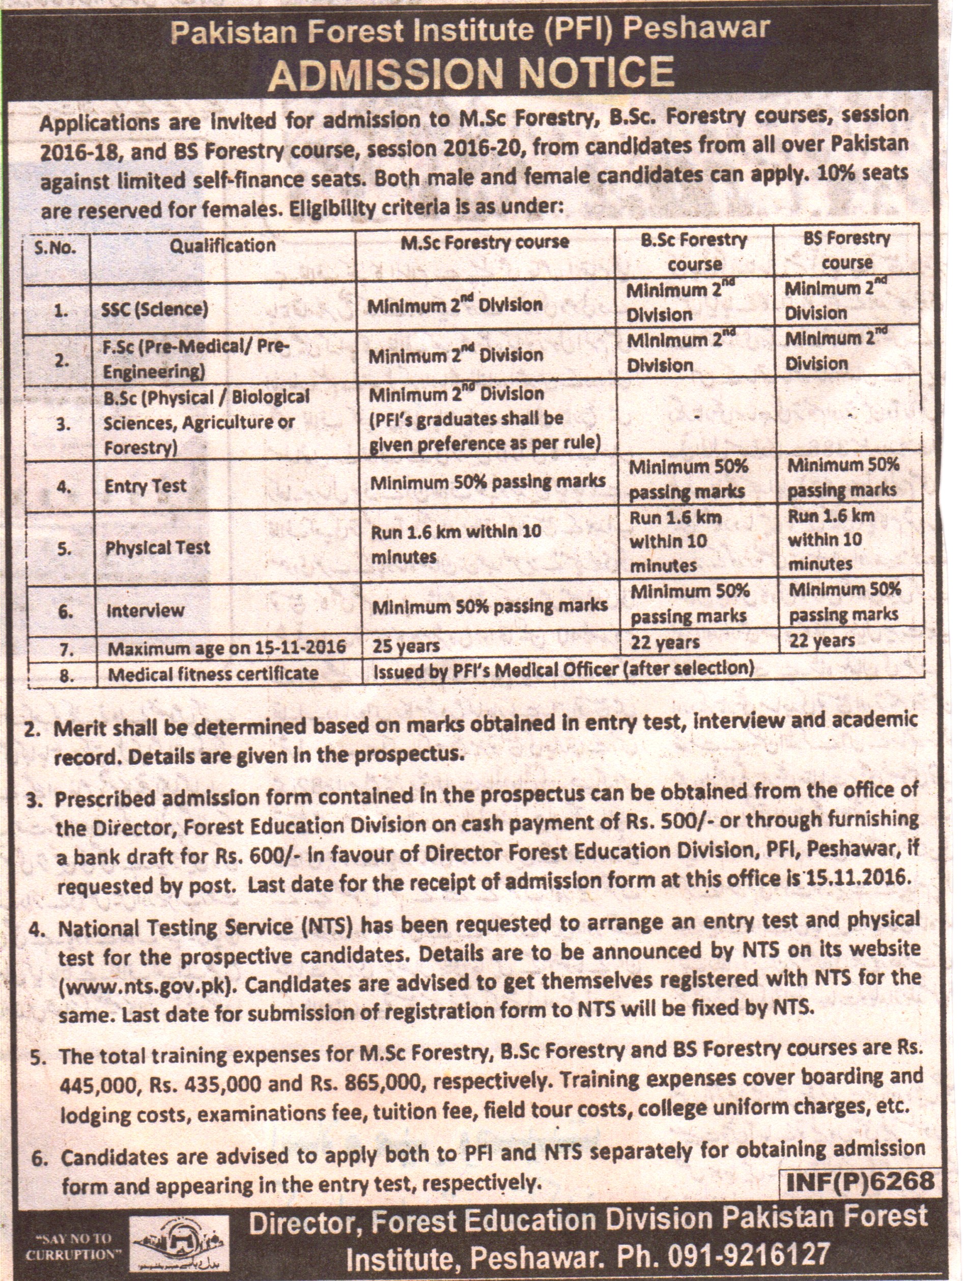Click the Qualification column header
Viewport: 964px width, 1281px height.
tap(223, 245)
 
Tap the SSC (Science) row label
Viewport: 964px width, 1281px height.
tap(155, 309)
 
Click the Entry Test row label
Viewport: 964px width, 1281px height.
tap(146, 486)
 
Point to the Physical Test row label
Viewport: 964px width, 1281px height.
tap(157, 548)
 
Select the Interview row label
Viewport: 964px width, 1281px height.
tap(146, 610)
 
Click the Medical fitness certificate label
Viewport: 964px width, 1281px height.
tap(213, 674)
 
